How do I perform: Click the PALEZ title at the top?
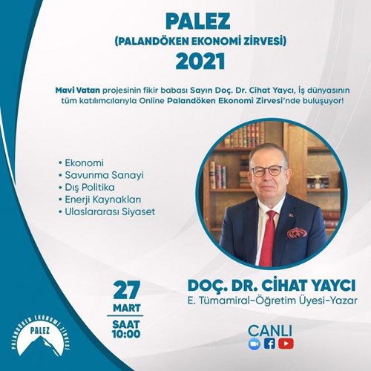point(197,22)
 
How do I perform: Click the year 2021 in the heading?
point(200,61)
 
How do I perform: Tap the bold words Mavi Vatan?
point(78,91)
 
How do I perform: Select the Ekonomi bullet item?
point(82,163)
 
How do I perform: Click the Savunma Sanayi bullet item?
point(101,175)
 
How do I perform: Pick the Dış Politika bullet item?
point(87,187)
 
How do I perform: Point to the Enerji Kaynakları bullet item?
point(99,200)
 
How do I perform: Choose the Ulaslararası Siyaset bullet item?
point(107,211)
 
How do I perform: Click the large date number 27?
point(127,290)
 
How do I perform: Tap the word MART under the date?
point(127,308)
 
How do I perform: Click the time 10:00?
point(126,335)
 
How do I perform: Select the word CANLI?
point(270,331)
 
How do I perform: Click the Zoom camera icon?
point(255,344)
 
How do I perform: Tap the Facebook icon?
point(269,344)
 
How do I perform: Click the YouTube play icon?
point(286,344)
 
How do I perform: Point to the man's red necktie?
point(267,237)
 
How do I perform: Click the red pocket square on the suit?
point(297,232)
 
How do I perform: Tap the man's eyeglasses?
point(266,171)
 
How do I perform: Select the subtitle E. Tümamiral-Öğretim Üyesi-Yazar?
point(272,301)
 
